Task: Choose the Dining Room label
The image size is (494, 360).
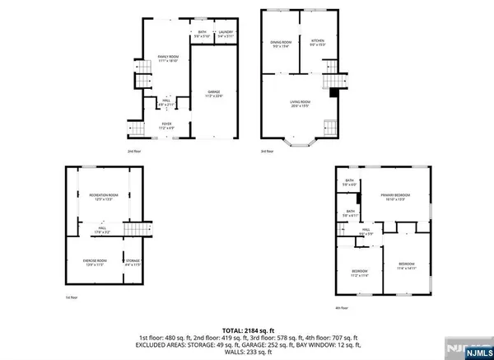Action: tap(282, 44)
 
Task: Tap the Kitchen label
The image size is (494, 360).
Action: tap(318, 43)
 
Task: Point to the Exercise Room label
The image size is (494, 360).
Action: tap(89, 264)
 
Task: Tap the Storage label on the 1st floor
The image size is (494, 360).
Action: tap(133, 264)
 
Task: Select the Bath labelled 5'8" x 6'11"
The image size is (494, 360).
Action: tap(350, 213)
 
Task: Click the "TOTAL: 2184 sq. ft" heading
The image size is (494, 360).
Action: tap(247, 322)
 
